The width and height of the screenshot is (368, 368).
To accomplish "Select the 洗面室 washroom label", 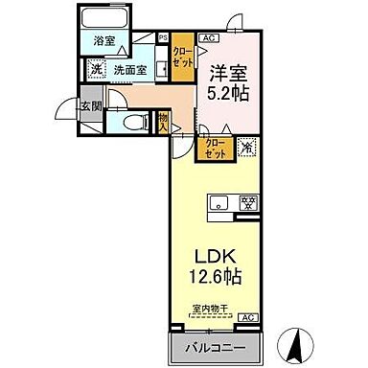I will (x=130, y=69).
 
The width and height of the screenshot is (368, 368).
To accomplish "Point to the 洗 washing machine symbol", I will (x=96, y=68).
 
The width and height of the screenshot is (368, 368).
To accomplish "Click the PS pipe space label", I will (x=163, y=39).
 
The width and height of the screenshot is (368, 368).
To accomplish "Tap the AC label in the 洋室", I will (x=209, y=38).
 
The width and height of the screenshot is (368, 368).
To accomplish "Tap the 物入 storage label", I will (x=163, y=120).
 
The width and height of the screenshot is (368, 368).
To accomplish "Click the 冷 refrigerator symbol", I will (x=246, y=148).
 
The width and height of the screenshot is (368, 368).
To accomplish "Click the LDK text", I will (x=218, y=257).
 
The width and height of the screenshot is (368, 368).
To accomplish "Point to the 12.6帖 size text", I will (x=218, y=278).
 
